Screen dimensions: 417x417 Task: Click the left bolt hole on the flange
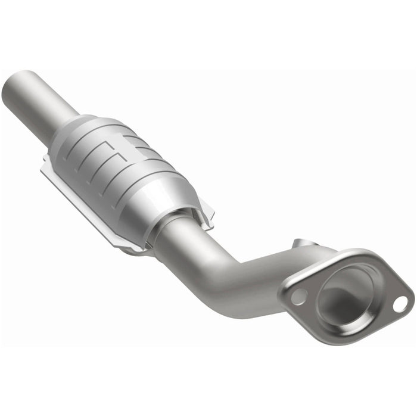pyautogui.click(x=299, y=294)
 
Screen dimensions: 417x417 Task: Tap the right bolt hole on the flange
pyautogui.click(x=401, y=303)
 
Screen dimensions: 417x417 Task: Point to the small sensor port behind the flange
pyautogui.click(x=303, y=244)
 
